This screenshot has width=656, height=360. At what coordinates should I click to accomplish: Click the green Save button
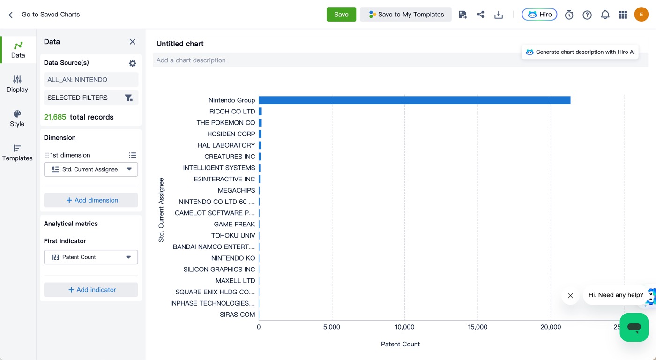coord(341,15)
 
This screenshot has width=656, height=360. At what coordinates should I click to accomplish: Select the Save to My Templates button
coord(406,15)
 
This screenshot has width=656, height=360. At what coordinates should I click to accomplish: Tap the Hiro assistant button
coord(539,15)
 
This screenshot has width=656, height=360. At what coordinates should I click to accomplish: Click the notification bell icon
coord(605,15)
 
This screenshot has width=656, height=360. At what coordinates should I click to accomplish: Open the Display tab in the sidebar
coord(17,84)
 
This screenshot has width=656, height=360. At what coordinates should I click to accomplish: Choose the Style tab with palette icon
coord(17,118)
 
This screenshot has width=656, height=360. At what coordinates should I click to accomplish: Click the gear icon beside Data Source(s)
coord(132,63)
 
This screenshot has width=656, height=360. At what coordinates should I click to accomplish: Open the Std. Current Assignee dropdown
coord(91,169)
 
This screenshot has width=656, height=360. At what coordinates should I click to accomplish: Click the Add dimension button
coord(91,200)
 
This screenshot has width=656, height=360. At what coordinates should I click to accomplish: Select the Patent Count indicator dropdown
coord(91,257)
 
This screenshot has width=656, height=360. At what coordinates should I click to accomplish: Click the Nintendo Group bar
coord(414,100)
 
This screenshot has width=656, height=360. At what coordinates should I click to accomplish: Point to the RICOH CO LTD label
coord(232,111)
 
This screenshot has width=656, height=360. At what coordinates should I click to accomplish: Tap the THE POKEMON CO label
coord(225,123)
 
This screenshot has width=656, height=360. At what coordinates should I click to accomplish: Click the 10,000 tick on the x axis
coord(404,327)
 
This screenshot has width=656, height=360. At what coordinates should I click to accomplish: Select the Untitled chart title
coord(180,44)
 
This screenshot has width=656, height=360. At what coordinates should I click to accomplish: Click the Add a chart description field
coord(337,60)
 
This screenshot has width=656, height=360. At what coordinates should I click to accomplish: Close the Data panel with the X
coord(132,42)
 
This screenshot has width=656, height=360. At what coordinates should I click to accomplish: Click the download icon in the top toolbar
coord(499,15)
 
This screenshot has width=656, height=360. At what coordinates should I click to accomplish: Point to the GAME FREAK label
coord(234,225)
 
